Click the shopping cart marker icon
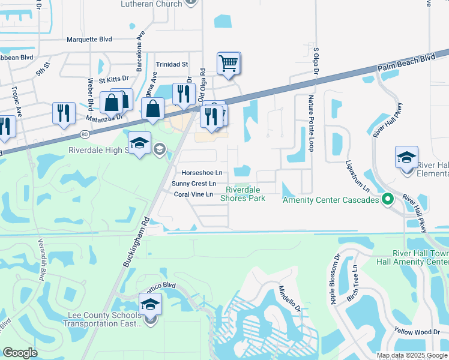tap(229, 63)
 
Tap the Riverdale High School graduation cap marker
tap(139, 143)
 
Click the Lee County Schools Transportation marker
tap(150, 304)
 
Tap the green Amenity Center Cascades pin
tap(388, 199)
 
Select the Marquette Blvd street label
tap(89, 40)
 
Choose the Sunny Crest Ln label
tap(193, 184)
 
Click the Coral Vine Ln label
tap(193, 194)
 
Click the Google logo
tap(20, 352)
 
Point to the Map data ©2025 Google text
tap(412, 355)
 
